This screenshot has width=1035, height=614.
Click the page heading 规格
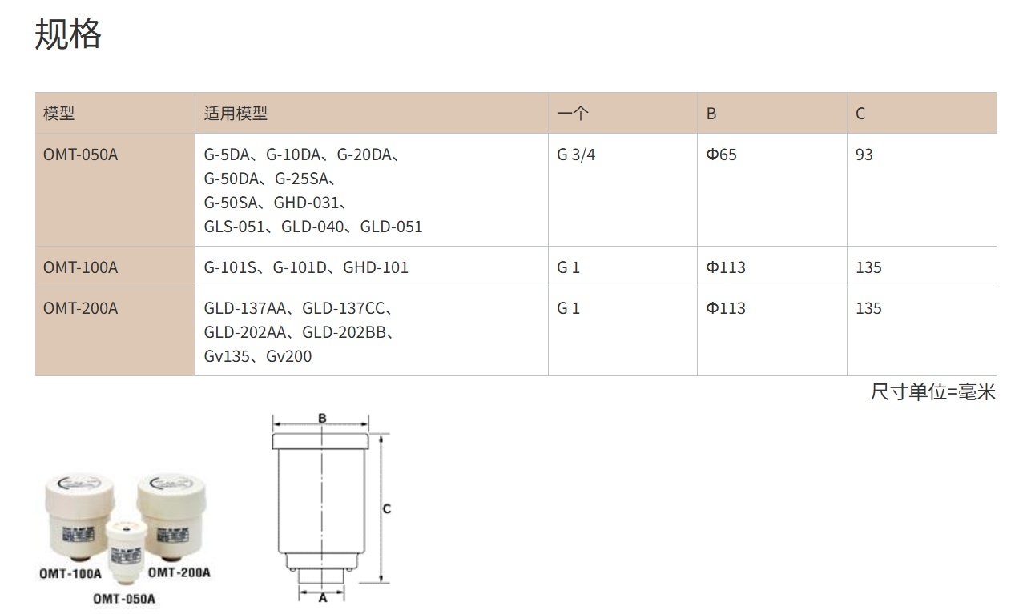[68, 34]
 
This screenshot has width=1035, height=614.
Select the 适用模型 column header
[236, 113]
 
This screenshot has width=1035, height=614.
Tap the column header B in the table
[711, 114]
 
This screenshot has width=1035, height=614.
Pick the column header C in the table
[860, 114]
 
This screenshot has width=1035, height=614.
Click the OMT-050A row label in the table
[80, 155]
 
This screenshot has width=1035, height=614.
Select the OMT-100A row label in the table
[80, 267]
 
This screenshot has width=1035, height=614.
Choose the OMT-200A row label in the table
[80, 308]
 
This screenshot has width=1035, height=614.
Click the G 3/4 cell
[576, 155]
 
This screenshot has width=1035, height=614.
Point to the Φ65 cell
[721, 155]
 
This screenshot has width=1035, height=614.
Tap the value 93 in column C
[864, 155]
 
